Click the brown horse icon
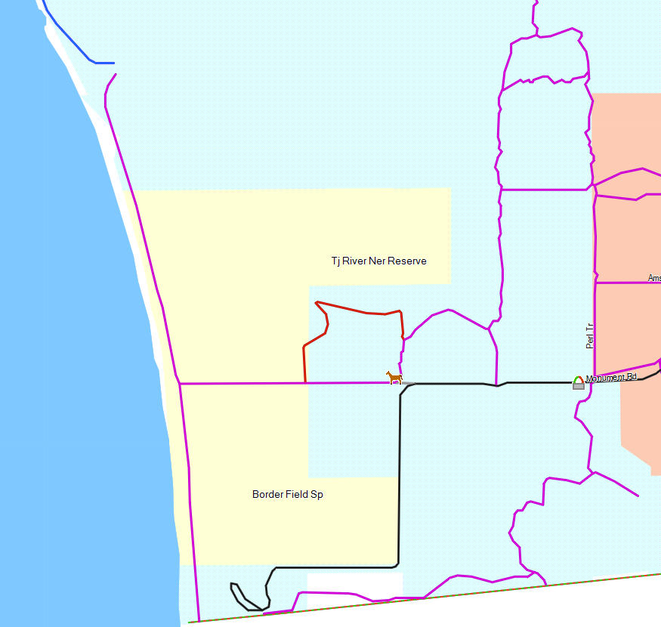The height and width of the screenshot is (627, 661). pyautogui.click(x=394, y=377)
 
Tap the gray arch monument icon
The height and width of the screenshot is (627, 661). pyautogui.click(x=579, y=382)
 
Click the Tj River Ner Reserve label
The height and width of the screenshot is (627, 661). pyautogui.click(x=378, y=261)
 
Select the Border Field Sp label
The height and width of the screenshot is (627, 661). pyautogui.click(x=287, y=495)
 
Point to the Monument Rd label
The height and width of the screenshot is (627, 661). pyautogui.click(x=612, y=377)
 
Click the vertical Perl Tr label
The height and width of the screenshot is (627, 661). pyautogui.click(x=590, y=335)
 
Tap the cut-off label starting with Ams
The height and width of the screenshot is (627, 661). pyautogui.click(x=654, y=279)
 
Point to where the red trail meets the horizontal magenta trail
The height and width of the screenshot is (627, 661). pyautogui.click(x=305, y=383)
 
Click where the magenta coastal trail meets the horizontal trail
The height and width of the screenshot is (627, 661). pyautogui.click(x=180, y=384)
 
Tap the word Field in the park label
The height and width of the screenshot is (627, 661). pyautogui.click(x=297, y=495)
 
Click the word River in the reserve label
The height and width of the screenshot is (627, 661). pyautogui.click(x=357, y=261)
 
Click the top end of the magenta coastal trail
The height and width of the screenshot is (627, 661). pyautogui.click(x=116, y=74)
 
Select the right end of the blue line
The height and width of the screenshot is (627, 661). pyautogui.click(x=113, y=63)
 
